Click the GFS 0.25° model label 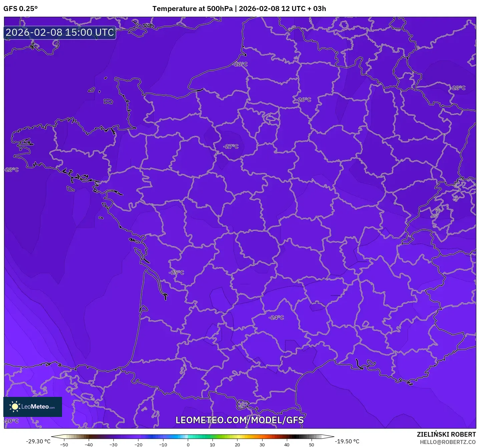[x=20, y=8]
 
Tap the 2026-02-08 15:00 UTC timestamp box [x=60, y=32]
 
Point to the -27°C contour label [x=231, y=146]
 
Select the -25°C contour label [x=176, y=273]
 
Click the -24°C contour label [x=276, y=317]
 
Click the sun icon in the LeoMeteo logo [x=15, y=406]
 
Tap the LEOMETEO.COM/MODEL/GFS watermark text [x=239, y=420]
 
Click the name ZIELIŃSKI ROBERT [x=446, y=434]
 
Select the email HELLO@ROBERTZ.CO [x=447, y=442]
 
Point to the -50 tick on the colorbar [x=64, y=444]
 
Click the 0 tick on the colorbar [x=188, y=444]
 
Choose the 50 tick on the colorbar [x=311, y=444]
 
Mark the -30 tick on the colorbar [x=113, y=444]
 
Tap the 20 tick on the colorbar [x=237, y=444]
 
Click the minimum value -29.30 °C [x=38, y=441]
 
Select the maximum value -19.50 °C [x=347, y=441]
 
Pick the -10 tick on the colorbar [x=163, y=444]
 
